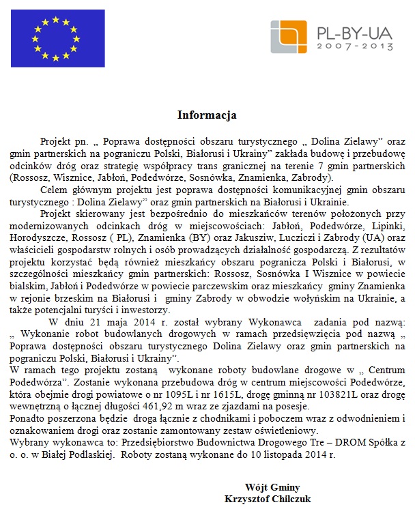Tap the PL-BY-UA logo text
click(355, 31)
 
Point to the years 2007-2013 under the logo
click(355, 47)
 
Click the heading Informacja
click(207, 115)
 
